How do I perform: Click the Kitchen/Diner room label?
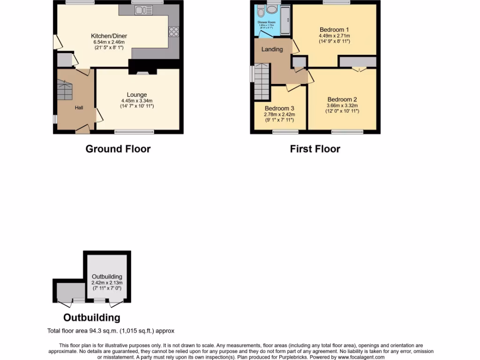(109, 36)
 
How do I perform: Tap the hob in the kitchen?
(173, 31)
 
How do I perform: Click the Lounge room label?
(136, 95)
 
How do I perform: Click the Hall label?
(79, 108)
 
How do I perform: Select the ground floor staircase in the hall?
(65, 90)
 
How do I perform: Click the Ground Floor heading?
(118, 149)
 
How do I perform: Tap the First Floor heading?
(315, 149)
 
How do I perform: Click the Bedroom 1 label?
(334, 29)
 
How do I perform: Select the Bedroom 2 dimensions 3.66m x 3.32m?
(342, 105)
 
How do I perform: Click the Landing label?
(272, 49)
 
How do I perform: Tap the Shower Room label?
(266, 22)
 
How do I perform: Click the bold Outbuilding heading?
(91, 317)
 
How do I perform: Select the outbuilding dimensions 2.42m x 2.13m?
(107, 283)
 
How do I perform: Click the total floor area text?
(111, 331)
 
